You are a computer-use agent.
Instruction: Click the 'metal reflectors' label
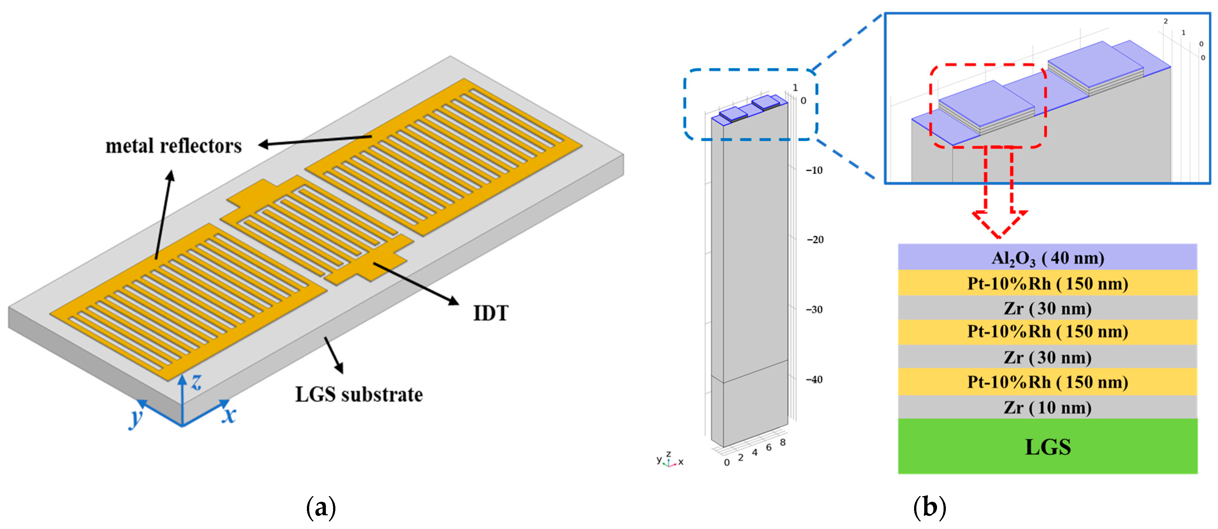pyautogui.click(x=174, y=146)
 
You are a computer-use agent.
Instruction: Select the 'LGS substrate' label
pyautogui.click(x=359, y=395)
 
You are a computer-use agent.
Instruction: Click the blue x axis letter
pyautogui.click(x=229, y=415)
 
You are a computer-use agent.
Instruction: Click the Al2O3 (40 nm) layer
pyautogui.click(x=1047, y=258)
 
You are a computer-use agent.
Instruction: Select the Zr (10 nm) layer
pyautogui.click(x=1047, y=407)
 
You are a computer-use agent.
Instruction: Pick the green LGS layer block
pyautogui.click(x=1047, y=446)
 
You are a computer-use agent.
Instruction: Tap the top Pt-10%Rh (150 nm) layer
pyautogui.click(x=1047, y=283)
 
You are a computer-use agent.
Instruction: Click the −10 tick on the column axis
pyautogui.click(x=814, y=171)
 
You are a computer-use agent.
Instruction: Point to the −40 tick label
pyautogui.click(x=814, y=380)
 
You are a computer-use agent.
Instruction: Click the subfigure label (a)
pyautogui.click(x=321, y=508)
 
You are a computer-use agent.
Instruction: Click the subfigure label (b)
pyautogui.click(x=929, y=508)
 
